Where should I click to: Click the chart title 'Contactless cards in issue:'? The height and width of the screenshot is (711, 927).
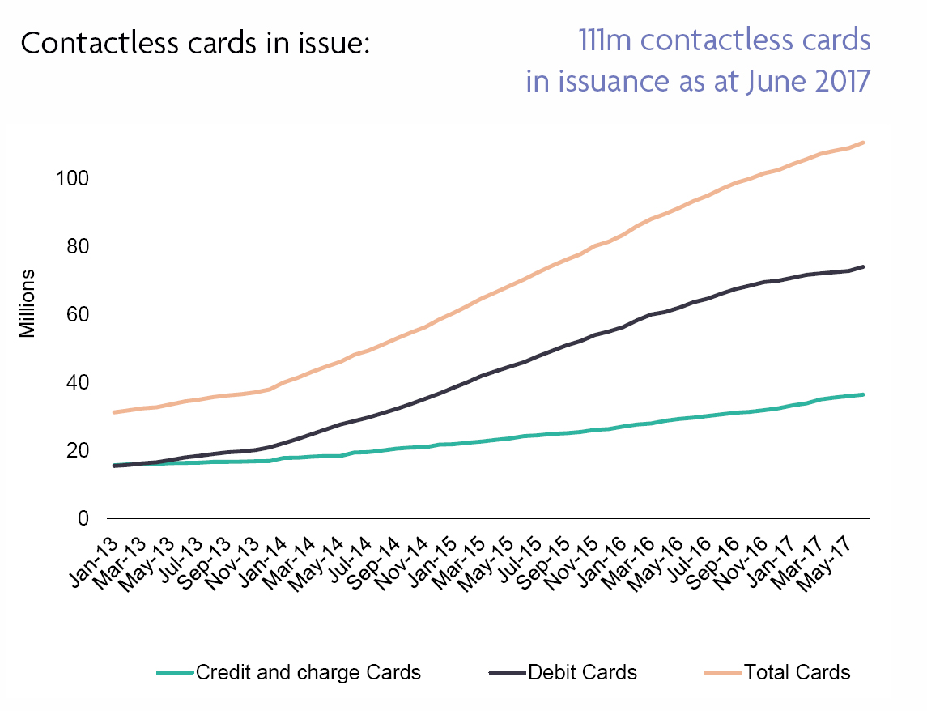(x=194, y=43)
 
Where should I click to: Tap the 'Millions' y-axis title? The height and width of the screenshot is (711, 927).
(x=28, y=306)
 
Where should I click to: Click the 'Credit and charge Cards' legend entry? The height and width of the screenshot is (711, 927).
(x=308, y=672)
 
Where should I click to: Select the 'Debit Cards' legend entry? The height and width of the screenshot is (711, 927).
(x=581, y=672)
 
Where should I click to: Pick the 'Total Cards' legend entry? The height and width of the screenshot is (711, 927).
(x=797, y=672)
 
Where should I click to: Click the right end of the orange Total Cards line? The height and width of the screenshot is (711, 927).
(x=864, y=143)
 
